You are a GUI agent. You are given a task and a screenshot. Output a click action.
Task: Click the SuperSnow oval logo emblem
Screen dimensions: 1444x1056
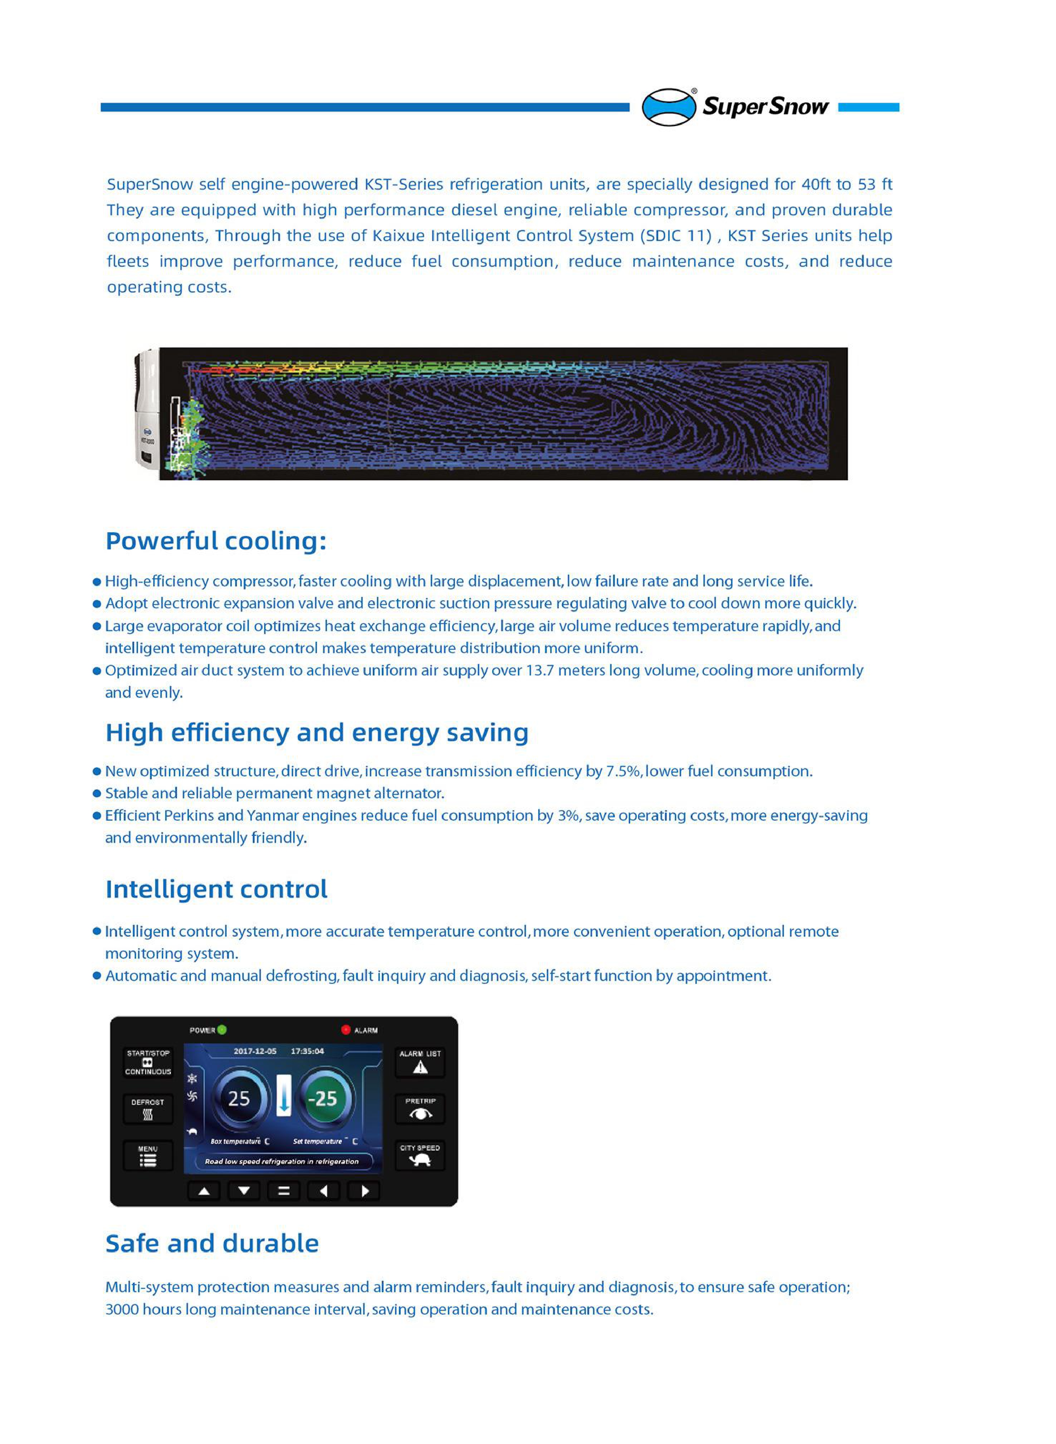669,107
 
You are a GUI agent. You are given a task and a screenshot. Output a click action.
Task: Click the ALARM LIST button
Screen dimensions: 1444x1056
420,1062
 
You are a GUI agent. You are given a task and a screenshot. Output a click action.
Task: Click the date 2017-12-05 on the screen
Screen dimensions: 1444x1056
255,1051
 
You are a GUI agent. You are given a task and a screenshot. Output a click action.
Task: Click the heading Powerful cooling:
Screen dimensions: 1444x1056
216,541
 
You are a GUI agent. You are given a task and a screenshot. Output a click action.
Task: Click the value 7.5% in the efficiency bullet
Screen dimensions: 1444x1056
623,772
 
